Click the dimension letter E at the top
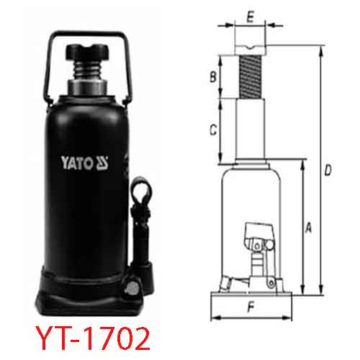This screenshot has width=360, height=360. pos(250,14)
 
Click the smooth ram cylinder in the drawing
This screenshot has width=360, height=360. pos(250,130)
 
